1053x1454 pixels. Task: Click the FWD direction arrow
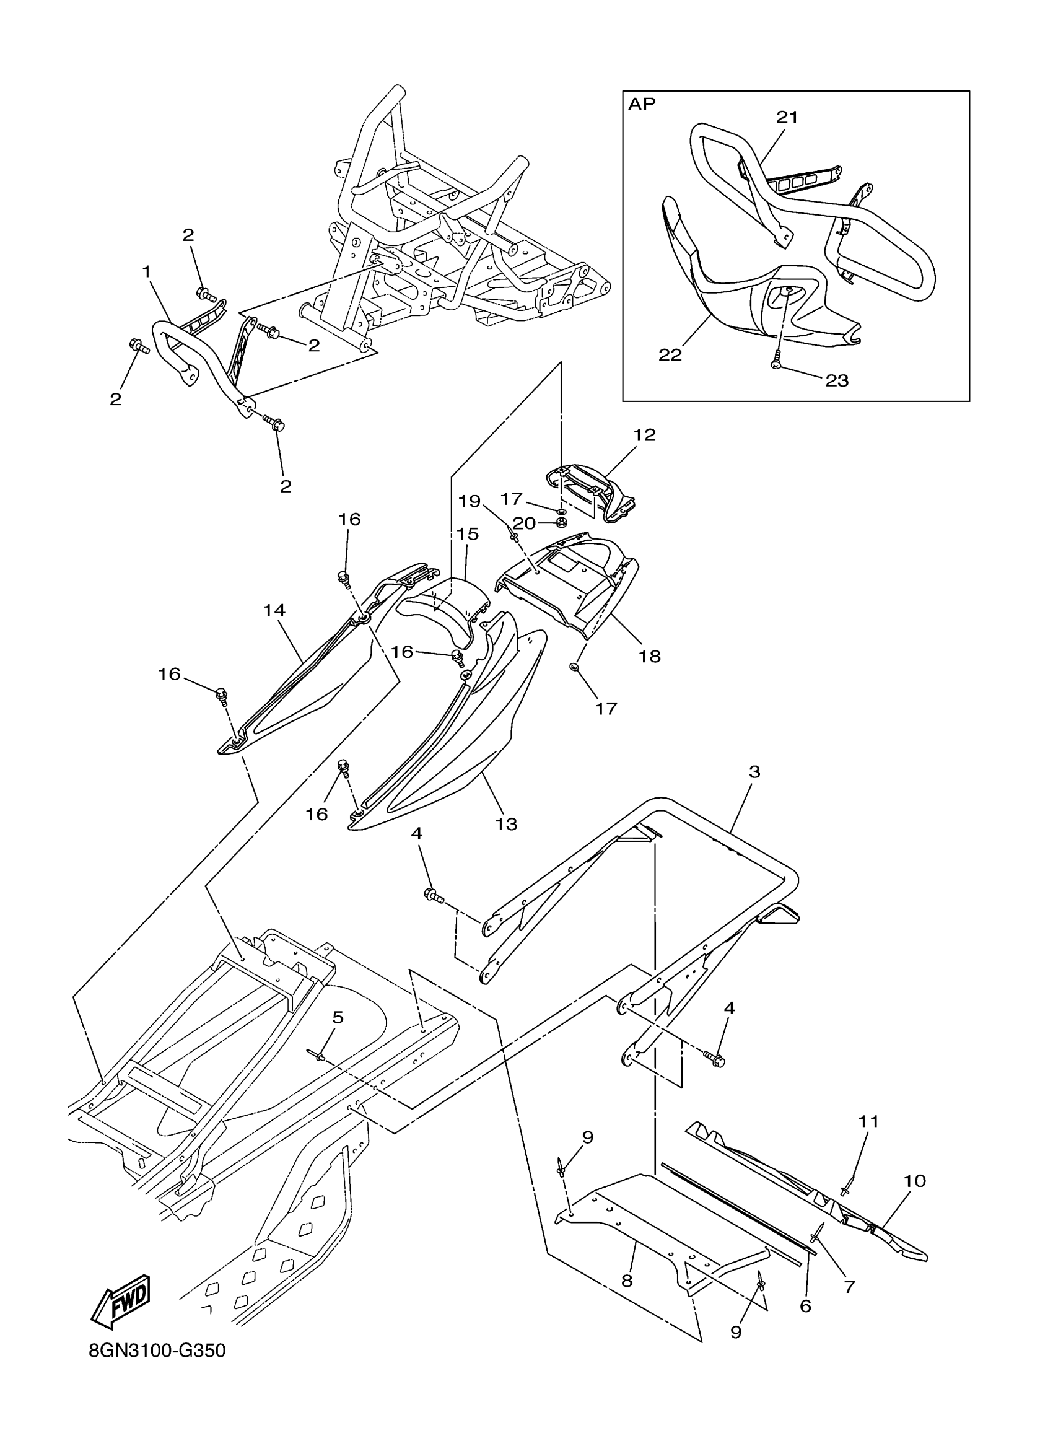click(122, 1302)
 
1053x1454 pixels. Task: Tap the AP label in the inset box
click(642, 105)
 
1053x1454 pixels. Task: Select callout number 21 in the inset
click(788, 117)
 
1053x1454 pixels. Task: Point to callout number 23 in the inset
click(837, 381)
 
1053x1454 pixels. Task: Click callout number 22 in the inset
click(670, 354)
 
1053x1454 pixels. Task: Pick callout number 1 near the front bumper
click(147, 272)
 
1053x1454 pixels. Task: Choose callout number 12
click(645, 435)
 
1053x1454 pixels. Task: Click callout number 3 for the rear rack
click(754, 772)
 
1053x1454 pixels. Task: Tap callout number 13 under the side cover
click(506, 824)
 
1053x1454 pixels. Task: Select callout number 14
click(274, 610)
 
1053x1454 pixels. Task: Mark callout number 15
click(468, 534)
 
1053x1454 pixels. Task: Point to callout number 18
click(650, 656)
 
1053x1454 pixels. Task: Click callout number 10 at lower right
click(915, 1180)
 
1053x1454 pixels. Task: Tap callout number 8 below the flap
click(627, 1281)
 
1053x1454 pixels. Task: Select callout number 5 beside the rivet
click(338, 1017)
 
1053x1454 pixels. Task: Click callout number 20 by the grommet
click(524, 523)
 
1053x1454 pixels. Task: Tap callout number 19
click(469, 500)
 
